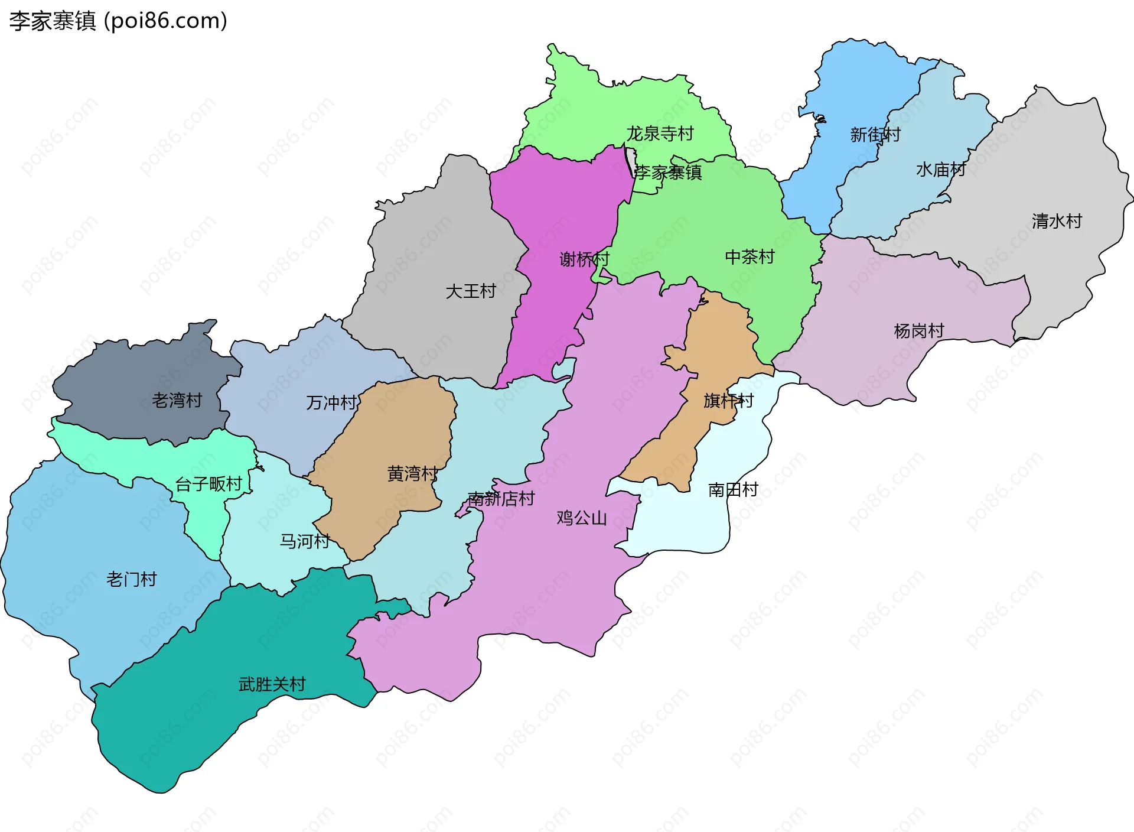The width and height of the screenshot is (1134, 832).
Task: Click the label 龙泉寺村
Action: coord(660,134)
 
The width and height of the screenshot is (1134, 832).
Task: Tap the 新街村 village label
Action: coord(875,135)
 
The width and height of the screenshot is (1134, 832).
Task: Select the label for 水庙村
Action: coord(941,170)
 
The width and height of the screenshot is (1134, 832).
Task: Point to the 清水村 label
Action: coord(1057,221)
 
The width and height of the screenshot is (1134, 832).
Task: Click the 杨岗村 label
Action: coord(919,331)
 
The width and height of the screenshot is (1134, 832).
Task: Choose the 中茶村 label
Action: coord(750,257)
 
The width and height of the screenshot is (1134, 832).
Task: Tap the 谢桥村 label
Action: coord(584,259)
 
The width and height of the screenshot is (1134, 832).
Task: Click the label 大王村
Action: coord(471,291)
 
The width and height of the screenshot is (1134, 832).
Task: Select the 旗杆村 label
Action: coord(728,401)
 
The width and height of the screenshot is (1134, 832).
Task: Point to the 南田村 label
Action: coord(733,490)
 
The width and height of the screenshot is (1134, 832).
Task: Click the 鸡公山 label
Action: coord(582,518)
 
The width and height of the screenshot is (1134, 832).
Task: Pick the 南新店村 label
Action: coord(501,499)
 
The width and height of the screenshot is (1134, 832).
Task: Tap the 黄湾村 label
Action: coord(412,473)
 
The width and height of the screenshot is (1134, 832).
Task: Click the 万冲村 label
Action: coord(331,403)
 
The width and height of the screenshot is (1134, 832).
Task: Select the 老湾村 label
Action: coord(177,401)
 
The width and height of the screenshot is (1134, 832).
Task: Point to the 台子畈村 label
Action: coord(209,485)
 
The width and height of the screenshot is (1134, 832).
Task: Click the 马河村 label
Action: coord(304,541)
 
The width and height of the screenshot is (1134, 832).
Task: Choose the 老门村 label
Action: coord(131,580)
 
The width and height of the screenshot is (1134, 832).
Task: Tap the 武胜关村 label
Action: coord(272,684)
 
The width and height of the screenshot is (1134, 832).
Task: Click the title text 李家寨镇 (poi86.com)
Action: coord(118,21)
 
